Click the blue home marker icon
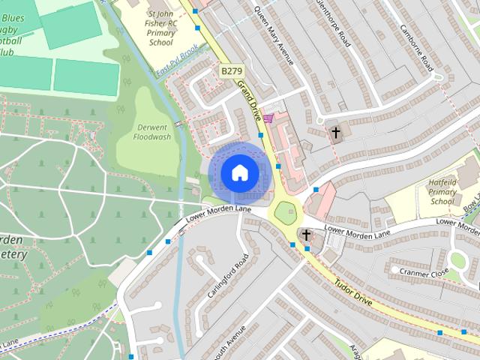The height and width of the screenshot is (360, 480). (x=238, y=172)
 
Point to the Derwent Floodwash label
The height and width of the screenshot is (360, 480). (x=152, y=132)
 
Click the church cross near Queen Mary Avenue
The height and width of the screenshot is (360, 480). (x=335, y=133)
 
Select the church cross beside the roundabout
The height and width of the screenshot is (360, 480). (x=306, y=235)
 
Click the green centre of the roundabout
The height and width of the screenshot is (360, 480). (x=286, y=214)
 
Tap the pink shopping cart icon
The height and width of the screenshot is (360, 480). (x=268, y=118)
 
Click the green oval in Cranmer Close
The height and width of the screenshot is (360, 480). (x=457, y=260)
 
